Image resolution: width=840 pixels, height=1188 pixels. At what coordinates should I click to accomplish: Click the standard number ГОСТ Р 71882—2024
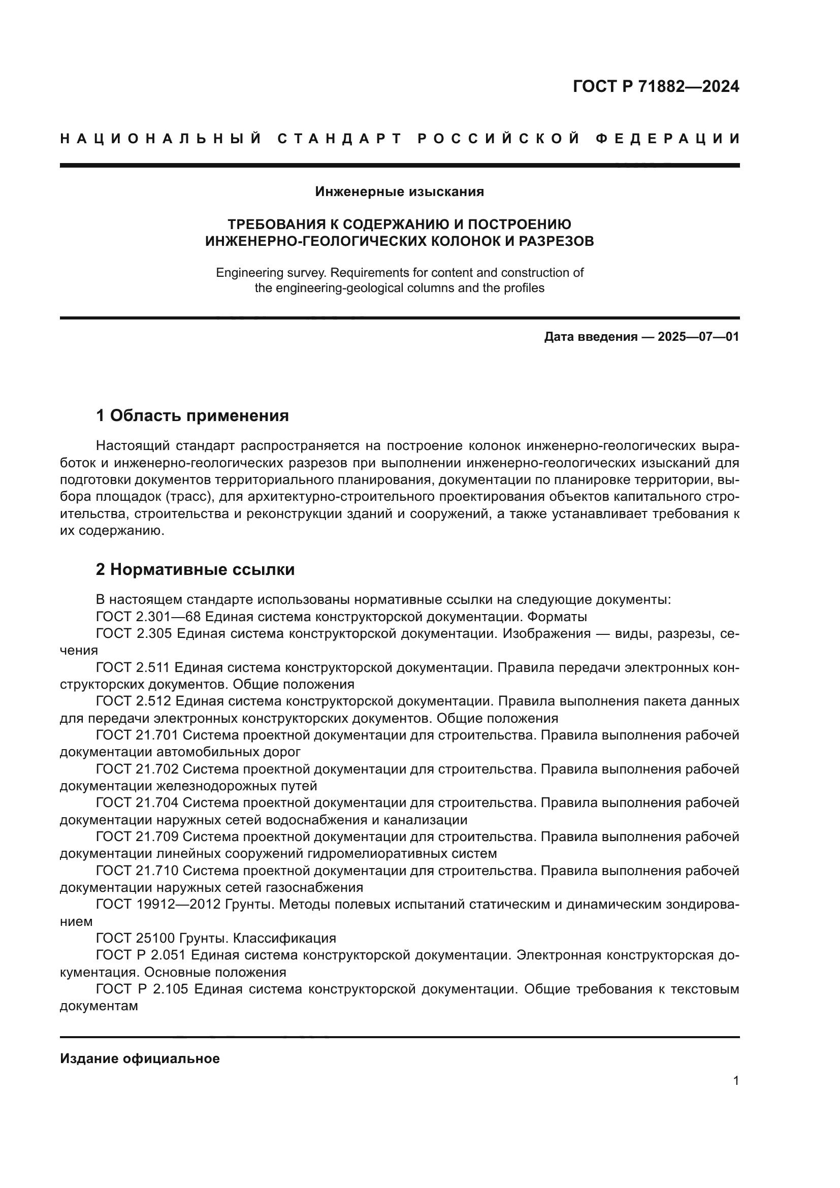(655, 86)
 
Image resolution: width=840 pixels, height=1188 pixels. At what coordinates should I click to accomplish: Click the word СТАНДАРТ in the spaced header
(339, 139)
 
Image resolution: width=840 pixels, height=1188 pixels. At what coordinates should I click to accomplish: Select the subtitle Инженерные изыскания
(399, 192)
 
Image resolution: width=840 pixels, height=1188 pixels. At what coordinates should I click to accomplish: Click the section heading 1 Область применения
(192, 415)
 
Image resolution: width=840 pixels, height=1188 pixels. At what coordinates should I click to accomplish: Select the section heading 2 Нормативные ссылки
(196, 570)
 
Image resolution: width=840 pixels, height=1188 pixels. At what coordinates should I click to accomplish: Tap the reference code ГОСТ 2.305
(134, 634)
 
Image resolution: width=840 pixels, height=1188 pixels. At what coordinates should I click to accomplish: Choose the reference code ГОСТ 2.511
(134, 668)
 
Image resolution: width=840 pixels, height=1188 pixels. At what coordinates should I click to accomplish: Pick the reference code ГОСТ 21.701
(137, 735)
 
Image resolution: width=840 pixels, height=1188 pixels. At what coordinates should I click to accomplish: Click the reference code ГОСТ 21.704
(137, 803)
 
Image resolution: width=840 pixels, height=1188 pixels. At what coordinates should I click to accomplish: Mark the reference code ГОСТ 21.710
(137, 871)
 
